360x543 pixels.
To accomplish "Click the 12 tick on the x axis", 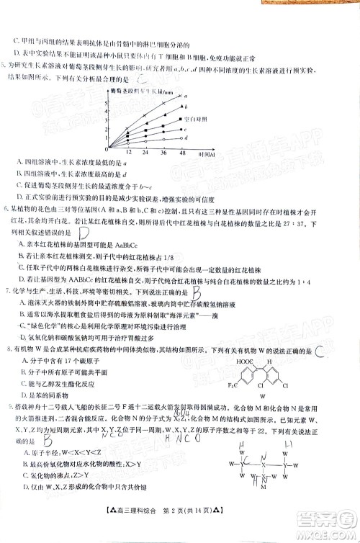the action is [128, 153].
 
